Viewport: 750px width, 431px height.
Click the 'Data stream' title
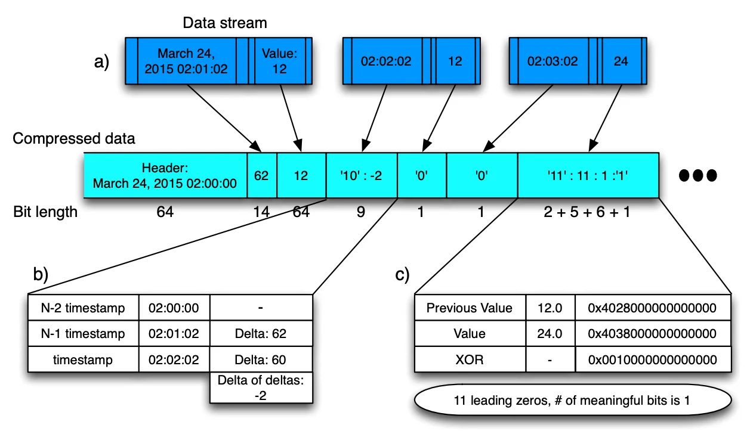(x=225, y=23)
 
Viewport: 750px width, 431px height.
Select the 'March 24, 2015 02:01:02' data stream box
(x=187, y=61)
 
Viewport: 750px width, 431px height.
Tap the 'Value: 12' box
(x=280, y=61)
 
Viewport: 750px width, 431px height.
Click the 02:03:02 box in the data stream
(x=553, y=61)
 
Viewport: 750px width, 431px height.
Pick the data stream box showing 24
(x=622, y=61)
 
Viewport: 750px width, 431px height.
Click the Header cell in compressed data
(x=165, y=175)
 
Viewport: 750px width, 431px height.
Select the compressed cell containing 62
(x=262, y=175)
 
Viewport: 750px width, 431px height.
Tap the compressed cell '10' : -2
(x=362, y=175)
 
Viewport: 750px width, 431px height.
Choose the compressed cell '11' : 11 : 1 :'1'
(x=588, y=175)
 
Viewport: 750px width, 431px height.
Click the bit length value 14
(x=261, y=212)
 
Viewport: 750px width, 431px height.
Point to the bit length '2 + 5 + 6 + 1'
(x=587, y=212)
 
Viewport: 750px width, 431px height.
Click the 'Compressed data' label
(x=73, y=138)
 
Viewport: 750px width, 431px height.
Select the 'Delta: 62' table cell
(x=261, y=334)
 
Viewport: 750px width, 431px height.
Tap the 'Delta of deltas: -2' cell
(x=261, y=387)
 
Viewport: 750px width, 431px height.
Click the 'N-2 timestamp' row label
(x=83, y=308)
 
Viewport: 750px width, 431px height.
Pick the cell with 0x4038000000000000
(x=653, y=334)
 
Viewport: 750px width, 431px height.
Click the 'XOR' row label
(x=470, y=359)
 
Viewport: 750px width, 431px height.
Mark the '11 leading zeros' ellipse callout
(x=573, y=400)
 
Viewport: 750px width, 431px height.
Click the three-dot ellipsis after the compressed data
(x=697, y=175)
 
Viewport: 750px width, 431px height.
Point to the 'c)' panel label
(x=402, y=274)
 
